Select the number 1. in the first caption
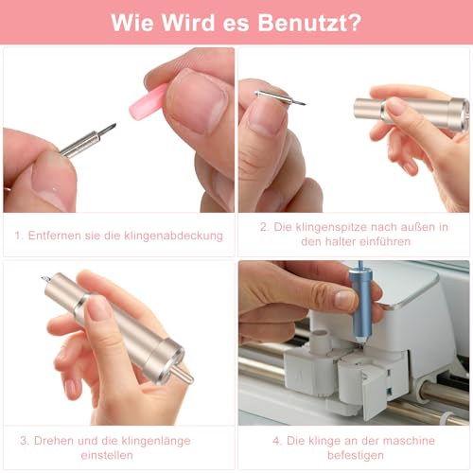point(19,236)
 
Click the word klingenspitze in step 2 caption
point(330,227)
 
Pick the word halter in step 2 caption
point(319,243)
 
